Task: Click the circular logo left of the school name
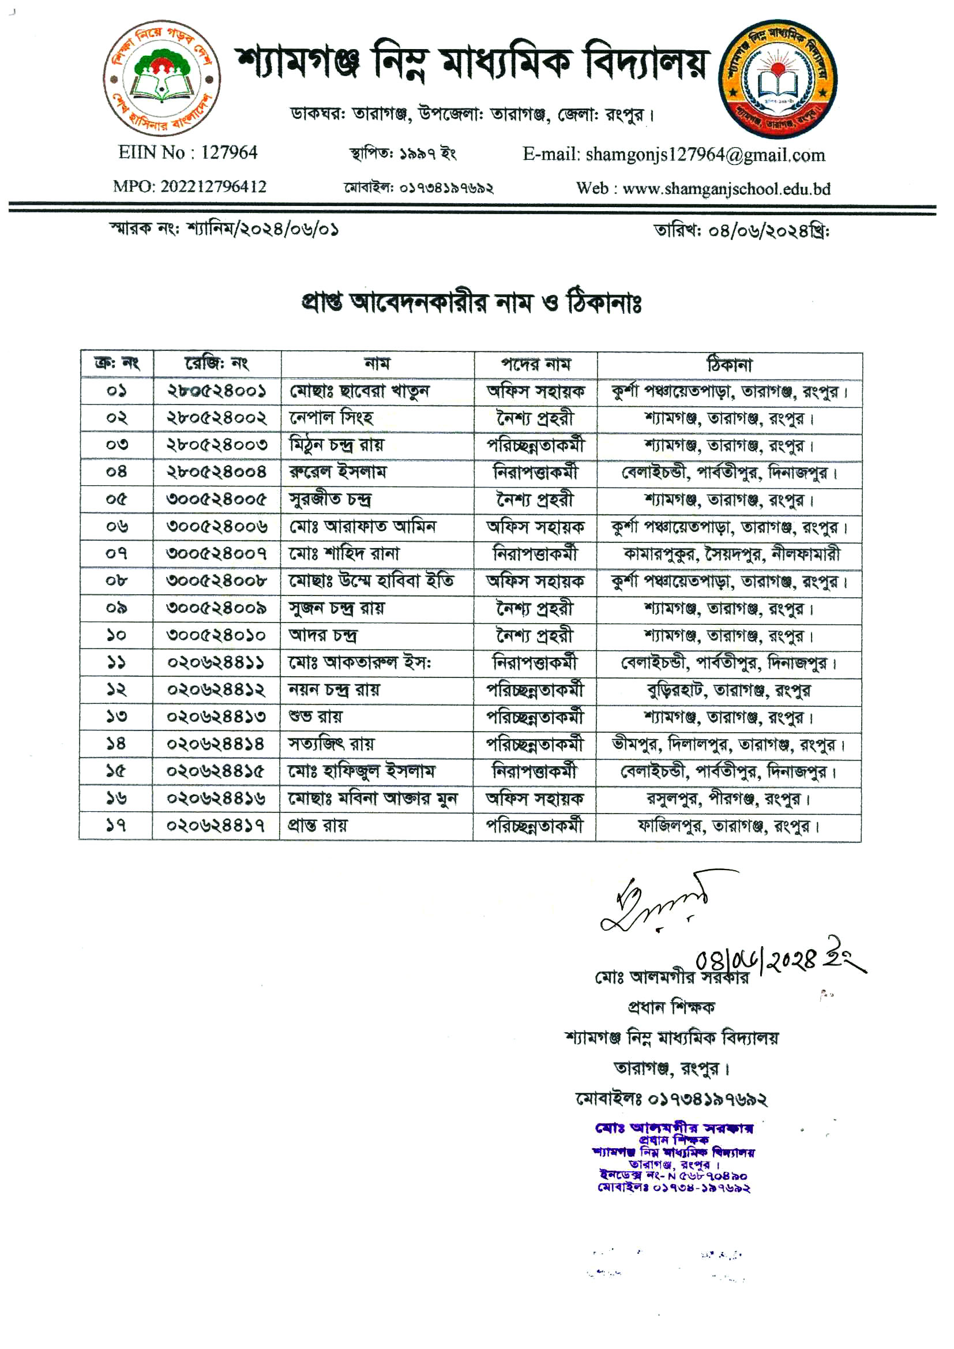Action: coord(162,78)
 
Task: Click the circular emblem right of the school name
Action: coord(778,79)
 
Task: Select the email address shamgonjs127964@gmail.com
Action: coord(705,155)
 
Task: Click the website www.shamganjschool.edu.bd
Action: coord(726,189)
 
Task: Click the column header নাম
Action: coord(377,364)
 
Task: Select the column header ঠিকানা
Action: coord(729,365)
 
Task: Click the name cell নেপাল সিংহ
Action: coord(331,418)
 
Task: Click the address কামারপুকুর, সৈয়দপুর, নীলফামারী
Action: coord(731,553)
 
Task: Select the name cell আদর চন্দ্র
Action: coord(322,635)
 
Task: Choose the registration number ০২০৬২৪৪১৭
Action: coord(215,826)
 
